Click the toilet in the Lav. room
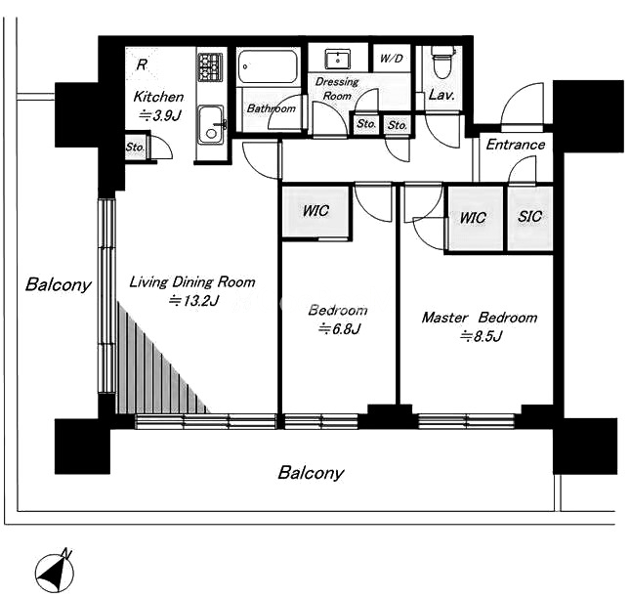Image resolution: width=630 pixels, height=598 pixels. [441, 63]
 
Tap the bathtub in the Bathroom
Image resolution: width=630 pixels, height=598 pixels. [268, 66]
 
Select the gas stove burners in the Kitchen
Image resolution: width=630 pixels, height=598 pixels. [210, 66]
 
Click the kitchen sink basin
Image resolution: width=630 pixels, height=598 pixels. [210, 124]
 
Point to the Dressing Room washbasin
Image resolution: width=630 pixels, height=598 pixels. [338, 59]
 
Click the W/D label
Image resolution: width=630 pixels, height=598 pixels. [391, 59]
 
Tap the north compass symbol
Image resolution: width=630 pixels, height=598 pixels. [55, 571]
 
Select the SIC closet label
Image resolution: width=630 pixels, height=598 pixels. [529, 217]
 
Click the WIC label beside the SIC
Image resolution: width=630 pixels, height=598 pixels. [473, 218]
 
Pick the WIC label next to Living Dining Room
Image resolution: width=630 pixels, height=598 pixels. [315, 211]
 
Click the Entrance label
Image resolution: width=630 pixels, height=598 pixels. [516, 145]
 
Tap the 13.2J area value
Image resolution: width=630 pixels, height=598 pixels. [194, 301]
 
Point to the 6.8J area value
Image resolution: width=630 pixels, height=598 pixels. [340, 329]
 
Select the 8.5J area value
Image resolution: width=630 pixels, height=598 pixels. [481, 336]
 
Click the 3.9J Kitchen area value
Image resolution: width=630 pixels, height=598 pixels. [159, 116]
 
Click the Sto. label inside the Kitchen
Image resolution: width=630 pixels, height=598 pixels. [135, 148]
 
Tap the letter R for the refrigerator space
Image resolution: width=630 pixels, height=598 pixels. [142, 64]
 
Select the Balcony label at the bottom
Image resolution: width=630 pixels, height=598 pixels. [311, 473]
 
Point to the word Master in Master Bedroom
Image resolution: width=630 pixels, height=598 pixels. [444, 318]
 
